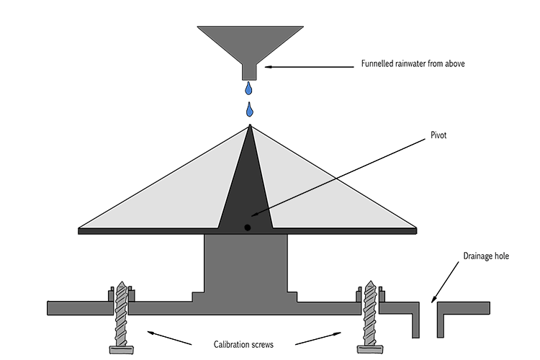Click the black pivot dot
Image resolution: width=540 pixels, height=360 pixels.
click(247, 228)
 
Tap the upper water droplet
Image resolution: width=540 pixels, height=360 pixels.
click(248, 88)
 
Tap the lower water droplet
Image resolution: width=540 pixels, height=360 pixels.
click(249, 109)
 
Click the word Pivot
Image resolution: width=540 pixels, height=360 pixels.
click(438, 135)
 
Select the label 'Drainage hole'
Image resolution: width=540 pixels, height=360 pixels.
click(486, 256)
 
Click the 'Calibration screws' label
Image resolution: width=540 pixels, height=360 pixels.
click(243, 344)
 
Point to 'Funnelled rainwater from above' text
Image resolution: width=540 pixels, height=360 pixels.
click(413, 63)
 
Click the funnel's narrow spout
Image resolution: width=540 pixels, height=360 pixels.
click(250, 72)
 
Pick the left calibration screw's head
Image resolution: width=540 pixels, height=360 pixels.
click(121, 350)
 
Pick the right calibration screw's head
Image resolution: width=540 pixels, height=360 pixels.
click(370, 349)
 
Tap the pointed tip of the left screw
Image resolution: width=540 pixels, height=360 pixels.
click(121, 282)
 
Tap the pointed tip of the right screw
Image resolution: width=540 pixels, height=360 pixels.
click(371, 281)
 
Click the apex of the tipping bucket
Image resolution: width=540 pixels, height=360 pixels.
click(250, 125)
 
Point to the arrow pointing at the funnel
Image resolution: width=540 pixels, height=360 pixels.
click(310, 67)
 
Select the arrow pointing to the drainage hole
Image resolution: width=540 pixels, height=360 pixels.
click(445, 282)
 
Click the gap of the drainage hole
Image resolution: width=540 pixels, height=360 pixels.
click(428, 320)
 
